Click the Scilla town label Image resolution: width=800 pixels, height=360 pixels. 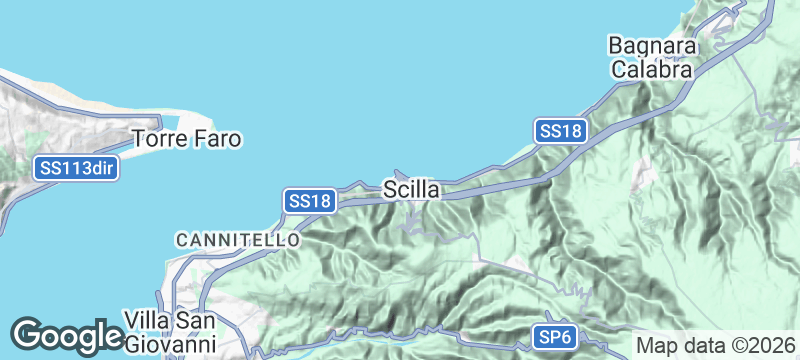click(x=411, y=188)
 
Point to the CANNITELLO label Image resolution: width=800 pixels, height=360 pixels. click(x=237, y=240)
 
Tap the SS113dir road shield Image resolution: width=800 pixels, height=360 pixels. click(x=77, y=168)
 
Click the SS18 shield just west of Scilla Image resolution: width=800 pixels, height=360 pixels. click(x=308, y=200)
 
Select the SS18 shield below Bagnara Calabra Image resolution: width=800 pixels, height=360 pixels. click(x=559, y=131)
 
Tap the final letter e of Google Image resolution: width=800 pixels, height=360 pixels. click(x=111, y=337)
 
